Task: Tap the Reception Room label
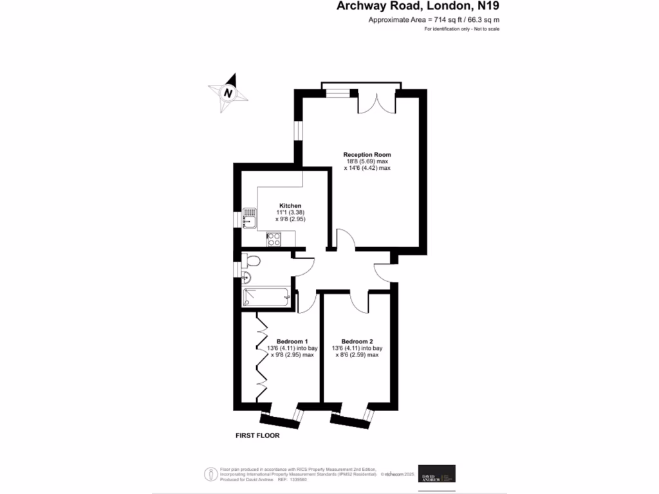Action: (367, 154)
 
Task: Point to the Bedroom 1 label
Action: (292, 341)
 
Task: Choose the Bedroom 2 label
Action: (357, 341)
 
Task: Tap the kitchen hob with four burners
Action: (274, 239)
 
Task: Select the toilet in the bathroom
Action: (252, 261)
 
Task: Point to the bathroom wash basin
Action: (247, 278)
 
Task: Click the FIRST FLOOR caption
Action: (257, 435)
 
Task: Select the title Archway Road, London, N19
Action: (418, 6)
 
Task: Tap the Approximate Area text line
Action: (434, 20)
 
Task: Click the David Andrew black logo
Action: (437, 473)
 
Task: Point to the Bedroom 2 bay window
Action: (351, 417)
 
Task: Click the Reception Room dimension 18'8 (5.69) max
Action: (367, 161)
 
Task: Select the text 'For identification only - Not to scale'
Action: (462, 30)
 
